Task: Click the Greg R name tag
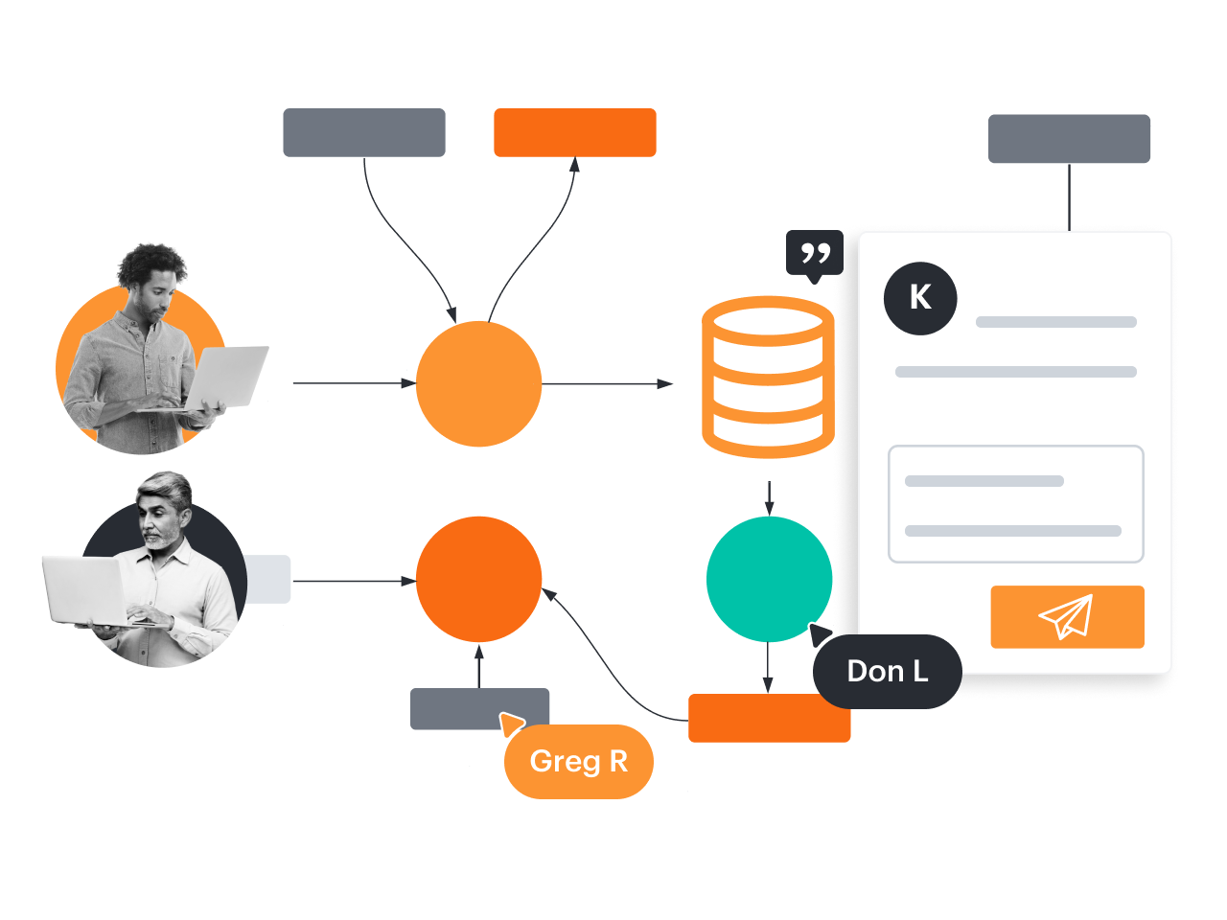pyautogui.click(x=579, y=762)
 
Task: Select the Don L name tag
pyautogui.click(x=887, y=672)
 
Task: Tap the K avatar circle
pyautogui.click(x=920, y=298)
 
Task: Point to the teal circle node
pyautogui.click(x=769, y=579)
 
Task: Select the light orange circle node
pyautogui.click(x=479, y=383)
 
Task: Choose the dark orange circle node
pyautogui.click(x=479, y=579)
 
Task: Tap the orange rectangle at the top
pyautogui.click(x=575, y=132)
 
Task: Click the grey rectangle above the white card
pyautogui.click(x=1069, y=139)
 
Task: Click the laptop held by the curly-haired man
pyautogui.click(x=226, y=377)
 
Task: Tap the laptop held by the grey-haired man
pyautogui.click(x=84, y=589)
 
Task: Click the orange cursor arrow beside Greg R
pyautogui.click(x=511, y=724)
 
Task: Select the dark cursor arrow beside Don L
pyautogui.click(x=821, y=635)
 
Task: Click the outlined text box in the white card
pyautogui.click(x=1016, y=503)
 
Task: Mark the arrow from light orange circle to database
pyautogui.click(x=608, y=383)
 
